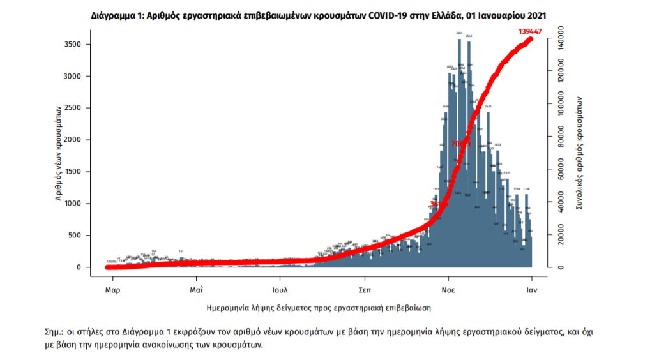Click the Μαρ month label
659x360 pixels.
pos(113,289)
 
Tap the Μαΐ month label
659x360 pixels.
pos(196,289)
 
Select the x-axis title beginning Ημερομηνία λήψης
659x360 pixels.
pos(319,308)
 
